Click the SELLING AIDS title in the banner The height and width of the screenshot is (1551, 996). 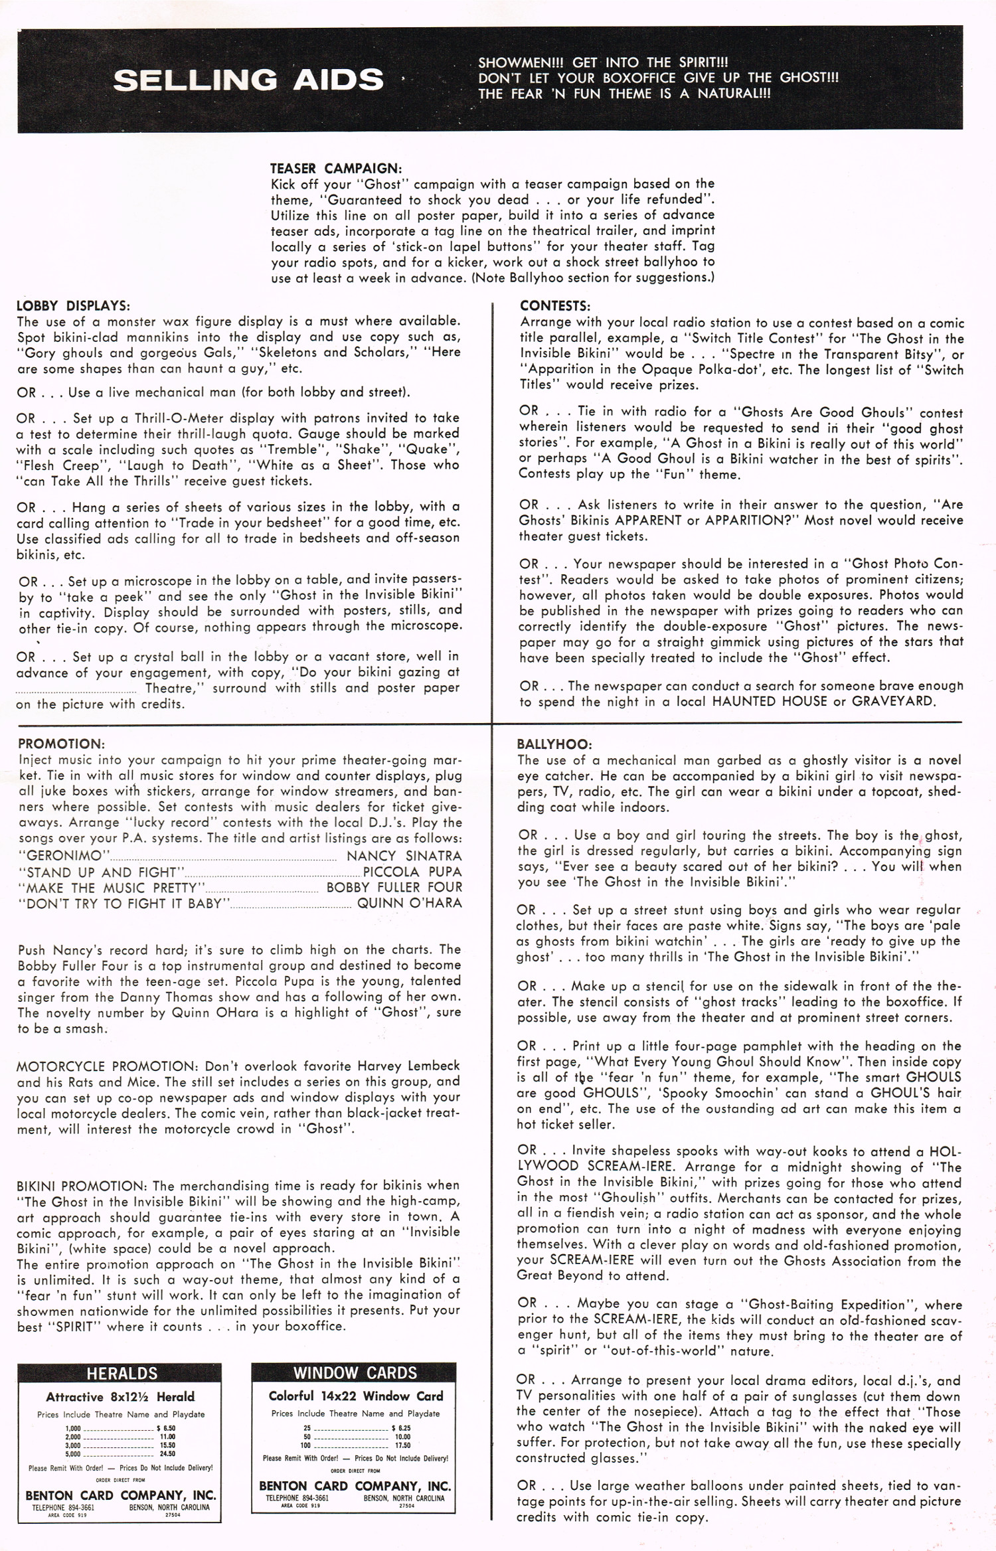click(x=248, y=80)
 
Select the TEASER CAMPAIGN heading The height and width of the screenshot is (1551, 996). click(x=335, y=169)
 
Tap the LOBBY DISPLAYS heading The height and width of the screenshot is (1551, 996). click(x=73, y=306)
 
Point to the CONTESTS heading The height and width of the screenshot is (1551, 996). click(x=555, y=306)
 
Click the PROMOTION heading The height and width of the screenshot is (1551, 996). click(x=61, y=744)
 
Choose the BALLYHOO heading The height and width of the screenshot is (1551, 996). click(x=554, y=744)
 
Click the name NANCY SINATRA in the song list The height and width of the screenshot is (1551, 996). click(x=404, y=856)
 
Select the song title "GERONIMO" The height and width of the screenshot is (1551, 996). click(x=64, y=856)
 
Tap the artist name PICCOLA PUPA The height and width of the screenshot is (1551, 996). click(x=412, y=872)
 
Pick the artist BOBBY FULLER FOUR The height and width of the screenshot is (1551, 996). click(x=394, y=888)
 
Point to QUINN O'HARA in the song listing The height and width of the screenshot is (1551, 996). click(x=409, y=904)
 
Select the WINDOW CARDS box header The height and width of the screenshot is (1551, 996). click(x=355, y=1372)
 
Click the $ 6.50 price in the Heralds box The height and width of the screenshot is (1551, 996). click(x=166, y=1428)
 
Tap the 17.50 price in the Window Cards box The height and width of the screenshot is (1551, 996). click(x=402, y=1445)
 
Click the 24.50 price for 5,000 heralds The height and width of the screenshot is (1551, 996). click(x=167, y=1453)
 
